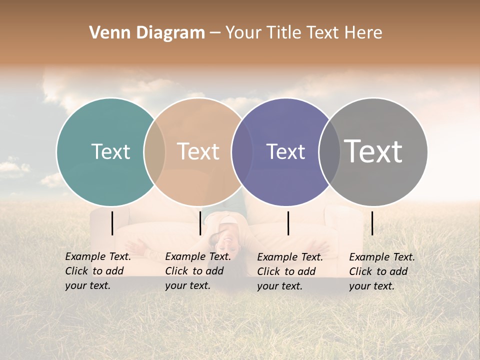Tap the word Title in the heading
coord(284,33)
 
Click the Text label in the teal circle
coord(110,151)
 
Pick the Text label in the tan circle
coord(198,151)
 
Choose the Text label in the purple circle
coord(285,151)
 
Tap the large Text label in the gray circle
coord(373,151)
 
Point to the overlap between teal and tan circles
coord(154,151)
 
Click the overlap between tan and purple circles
coord(242,151)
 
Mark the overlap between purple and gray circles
coord(329,151)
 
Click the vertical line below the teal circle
coord(112,223)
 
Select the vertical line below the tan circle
coord(200,223)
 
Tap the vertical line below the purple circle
coord(288,223)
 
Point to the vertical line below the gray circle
coord(372,223)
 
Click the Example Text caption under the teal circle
coord(97,271)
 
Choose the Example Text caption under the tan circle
coord(197,271)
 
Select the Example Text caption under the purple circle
coord(289,271)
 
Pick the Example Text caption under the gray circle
coord(381,271)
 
